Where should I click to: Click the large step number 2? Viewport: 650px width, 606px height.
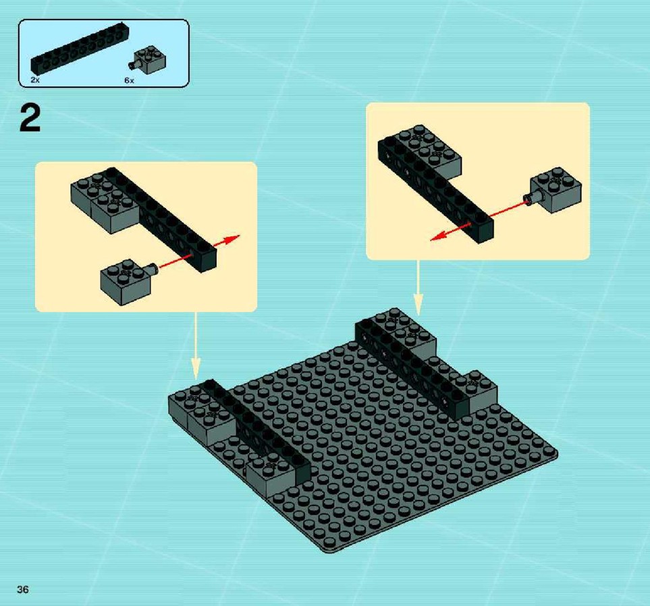30,118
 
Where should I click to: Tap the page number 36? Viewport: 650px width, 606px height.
23,589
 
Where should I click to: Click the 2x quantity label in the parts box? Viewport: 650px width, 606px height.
35,80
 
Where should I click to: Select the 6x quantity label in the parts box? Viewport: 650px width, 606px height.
130,80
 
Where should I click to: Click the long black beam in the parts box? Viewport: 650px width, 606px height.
80,49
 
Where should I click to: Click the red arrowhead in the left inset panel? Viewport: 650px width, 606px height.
232,240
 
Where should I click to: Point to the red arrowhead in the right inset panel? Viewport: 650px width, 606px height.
439,236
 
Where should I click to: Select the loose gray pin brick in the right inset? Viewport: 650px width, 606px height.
553,190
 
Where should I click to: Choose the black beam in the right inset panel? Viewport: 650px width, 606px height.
435,190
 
